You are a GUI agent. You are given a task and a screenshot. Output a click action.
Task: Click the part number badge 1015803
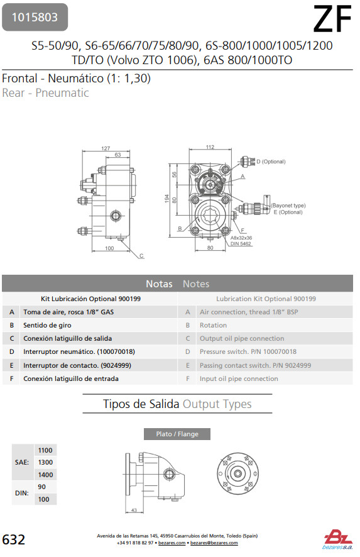click(35, 17)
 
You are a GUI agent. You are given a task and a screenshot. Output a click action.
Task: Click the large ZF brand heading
click(332, 19)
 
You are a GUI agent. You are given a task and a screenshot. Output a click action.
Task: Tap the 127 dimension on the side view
click(106, 148)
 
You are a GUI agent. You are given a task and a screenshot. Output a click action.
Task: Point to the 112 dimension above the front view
click(210, 146)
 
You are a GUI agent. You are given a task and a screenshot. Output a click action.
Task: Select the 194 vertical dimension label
click(167, 199)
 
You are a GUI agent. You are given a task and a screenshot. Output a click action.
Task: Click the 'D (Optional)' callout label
click(271, 162)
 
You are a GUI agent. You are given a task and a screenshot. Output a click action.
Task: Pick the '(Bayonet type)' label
click(288, 206)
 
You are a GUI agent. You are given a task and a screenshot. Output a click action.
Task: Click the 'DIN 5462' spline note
click(241, 244)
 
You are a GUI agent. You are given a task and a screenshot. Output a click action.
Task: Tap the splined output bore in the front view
click(211, 214)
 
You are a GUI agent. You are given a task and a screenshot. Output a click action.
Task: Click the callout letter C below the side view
click(141, 255)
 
